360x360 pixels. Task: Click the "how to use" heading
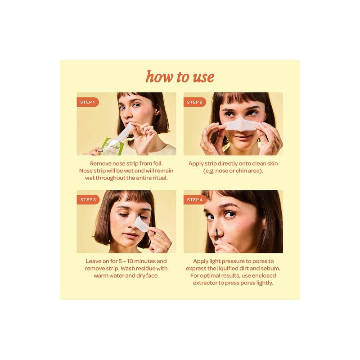click(180, 76)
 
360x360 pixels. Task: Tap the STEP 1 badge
click(87, 102)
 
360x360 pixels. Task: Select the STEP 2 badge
click(194, 102)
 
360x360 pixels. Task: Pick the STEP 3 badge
click(87, 199)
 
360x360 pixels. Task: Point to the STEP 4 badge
click(194, 199)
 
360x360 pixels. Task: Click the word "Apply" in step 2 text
click(199, 163)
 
